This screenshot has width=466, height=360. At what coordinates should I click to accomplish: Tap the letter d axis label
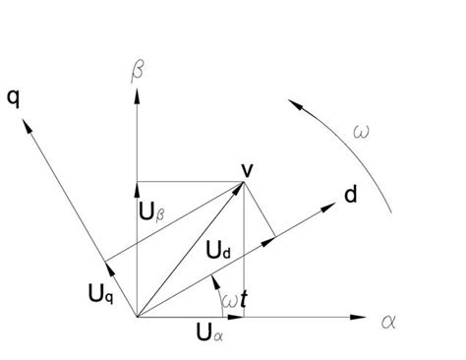pos(350,195)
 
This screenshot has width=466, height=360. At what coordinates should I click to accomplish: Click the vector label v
pos(248,170)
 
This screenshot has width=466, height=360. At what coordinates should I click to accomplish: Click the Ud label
pos(219,253)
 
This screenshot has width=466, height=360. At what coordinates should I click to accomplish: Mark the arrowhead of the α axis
pos(358,318)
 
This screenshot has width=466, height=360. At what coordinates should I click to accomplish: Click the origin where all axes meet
pos(137,318)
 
